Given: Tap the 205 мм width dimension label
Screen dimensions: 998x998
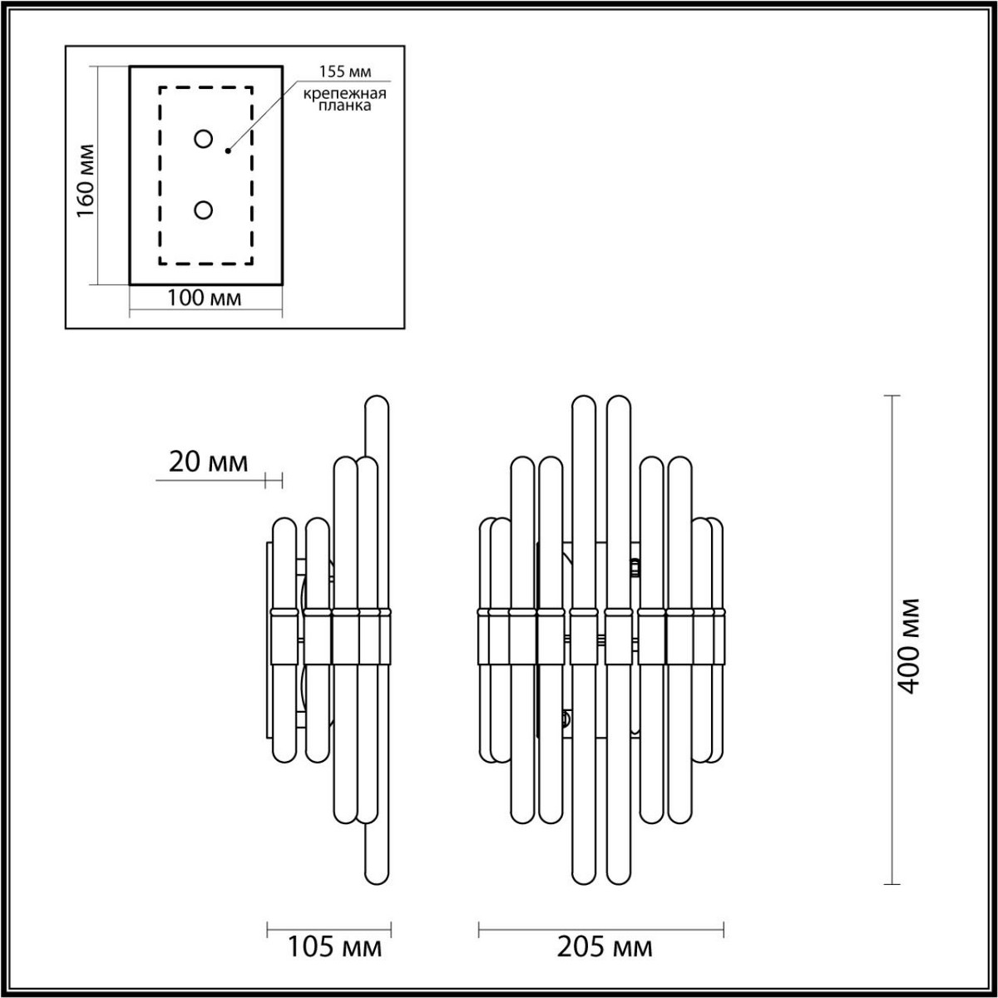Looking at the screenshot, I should [x=602, y=946].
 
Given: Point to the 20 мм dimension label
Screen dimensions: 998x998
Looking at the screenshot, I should [x=208, y=462].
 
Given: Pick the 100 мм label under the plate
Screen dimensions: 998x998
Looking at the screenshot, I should [x=205, y=298].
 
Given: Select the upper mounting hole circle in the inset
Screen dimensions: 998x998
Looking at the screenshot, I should [x=203, y=139].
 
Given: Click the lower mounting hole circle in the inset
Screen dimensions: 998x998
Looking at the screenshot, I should [x=203, y=210].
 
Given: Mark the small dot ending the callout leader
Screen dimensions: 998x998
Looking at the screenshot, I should [x=228, y=151].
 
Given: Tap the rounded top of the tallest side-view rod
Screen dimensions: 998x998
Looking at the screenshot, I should [x=377, y=403].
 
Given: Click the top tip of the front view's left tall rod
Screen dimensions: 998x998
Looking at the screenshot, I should [x=584, y=403].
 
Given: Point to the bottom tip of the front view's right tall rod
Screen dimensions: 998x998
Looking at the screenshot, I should [x=619, y=877].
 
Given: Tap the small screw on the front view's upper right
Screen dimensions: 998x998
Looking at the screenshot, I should [x=636, y=568].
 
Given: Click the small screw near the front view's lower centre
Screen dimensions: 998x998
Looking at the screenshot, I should [x=566, y=717].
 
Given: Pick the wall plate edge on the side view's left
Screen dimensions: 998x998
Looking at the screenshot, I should [x=267, y=640].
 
